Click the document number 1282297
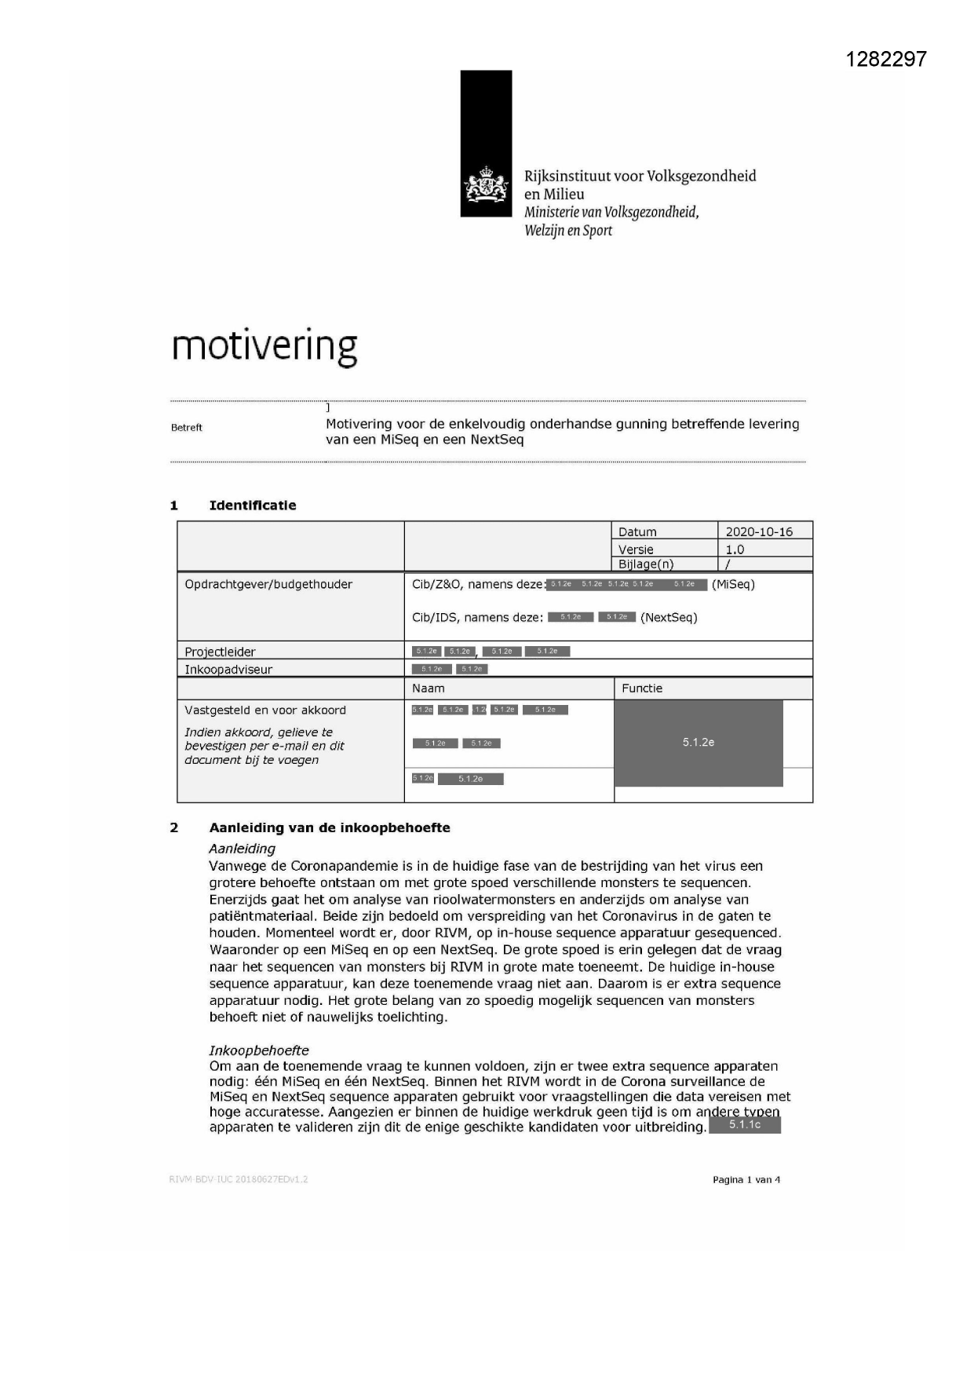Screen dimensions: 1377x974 pyautogui.click(x=886, y=59)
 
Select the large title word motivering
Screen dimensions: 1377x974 pyautogui.click(x=264, y=346)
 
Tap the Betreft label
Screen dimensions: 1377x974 pyautogui.click(x=187, y=428)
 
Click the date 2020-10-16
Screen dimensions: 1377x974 pyautogui.click(x=759, y=531)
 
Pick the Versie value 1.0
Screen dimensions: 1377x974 pyautogui.click(x=735, y=550)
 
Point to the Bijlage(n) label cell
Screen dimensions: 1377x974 pyautogui.click(x=646, y=564)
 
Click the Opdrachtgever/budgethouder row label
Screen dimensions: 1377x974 pyautogui.click(x=268, y=584)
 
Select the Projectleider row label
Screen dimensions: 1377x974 pyautogui.click(x=220, y=652)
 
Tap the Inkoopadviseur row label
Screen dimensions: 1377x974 pyautogui.click(x=228, y=670)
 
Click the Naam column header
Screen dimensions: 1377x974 pyautogui.click(x=429, y=688)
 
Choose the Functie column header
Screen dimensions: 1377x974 pyautogui.click(x=642, y=688)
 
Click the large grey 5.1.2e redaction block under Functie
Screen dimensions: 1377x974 pyautogui.click(x=699, y=743)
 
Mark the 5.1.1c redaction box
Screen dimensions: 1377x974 pyautogui.click(x=744, y=1125)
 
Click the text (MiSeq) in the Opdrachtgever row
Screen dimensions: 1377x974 pyautogui.click(x=733, y=584)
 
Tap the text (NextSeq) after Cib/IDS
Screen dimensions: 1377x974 pyautogui.click(x=669, y=617)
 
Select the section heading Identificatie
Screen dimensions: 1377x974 pyautogui.click(x=252, y=506)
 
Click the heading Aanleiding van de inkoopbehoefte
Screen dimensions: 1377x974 pyautogui.click(x=330, y=827)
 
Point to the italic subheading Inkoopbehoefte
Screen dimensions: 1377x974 pyautogui.click(x=259, y=1050)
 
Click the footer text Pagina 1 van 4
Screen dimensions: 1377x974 pyautogui.click(x=746, y=1179)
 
